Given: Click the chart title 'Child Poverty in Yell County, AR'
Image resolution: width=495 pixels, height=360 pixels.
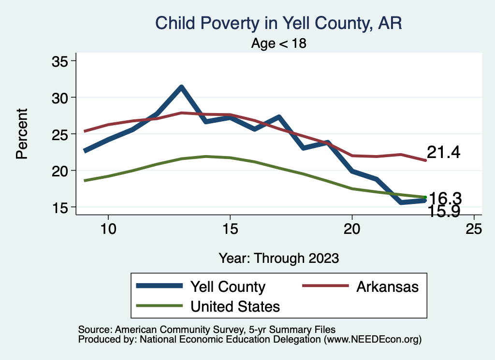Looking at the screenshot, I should (x=278, y=23).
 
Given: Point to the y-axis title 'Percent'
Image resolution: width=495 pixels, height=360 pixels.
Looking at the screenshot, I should (x=21, y=134).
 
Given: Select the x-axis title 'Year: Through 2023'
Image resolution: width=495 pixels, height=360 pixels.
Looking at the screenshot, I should (x=278, y=258).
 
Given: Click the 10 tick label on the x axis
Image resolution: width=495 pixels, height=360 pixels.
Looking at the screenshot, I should (x=108, y=229).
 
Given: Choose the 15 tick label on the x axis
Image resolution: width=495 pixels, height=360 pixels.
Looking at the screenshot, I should (x=230, y=229).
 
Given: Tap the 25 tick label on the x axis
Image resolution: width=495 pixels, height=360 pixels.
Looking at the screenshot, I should (x=474, y=229).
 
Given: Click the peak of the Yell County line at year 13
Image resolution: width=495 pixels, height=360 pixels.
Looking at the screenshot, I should (x=181, y=87).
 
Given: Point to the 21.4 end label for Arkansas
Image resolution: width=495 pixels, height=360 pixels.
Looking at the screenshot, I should (x=443, y=153).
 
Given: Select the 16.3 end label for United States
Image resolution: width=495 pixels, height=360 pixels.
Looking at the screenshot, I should (x=445, y=198).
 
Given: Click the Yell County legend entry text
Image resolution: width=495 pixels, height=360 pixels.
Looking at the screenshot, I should (x=228, y=287).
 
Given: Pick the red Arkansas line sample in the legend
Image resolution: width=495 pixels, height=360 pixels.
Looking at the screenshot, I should (x=325, y=286).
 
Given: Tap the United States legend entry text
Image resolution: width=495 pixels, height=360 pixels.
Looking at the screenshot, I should (x=235, y=306).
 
